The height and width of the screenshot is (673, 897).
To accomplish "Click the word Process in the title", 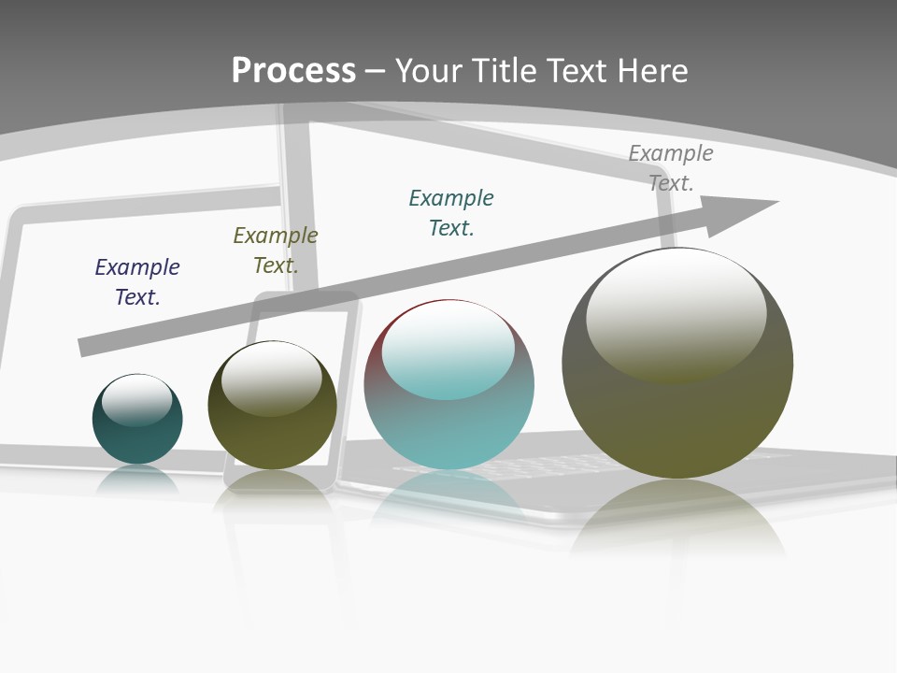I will [293, 71].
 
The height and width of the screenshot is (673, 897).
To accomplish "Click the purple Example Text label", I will [137, 281].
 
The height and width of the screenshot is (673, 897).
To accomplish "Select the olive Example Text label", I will [276, 250].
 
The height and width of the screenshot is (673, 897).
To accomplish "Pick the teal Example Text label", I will [451, 212].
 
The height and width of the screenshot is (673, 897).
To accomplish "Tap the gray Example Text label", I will [671, 167].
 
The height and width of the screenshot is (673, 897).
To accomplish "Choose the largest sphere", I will [677, 421].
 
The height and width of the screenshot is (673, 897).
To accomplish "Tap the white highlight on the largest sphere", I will [676, 308].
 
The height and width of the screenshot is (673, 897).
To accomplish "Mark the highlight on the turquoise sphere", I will [448, 350].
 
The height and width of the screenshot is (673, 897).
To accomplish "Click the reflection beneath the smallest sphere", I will [137, 480].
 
